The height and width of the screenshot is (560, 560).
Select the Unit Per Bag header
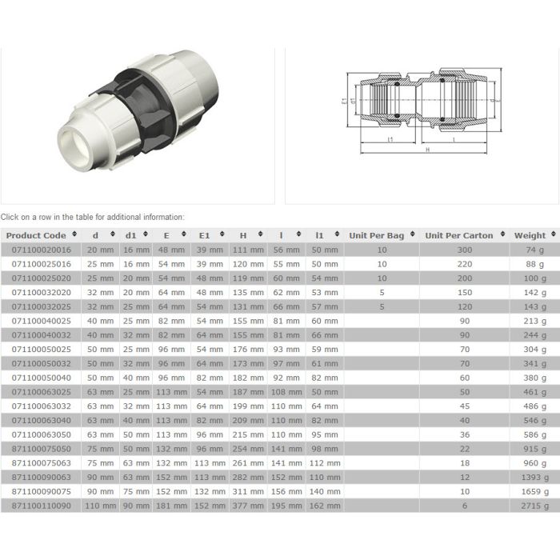(x=377, y=235)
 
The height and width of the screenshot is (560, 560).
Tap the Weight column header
(x=530, y=235)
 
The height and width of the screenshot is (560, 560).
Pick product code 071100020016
(x=41, y=250)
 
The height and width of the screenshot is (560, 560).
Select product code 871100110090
(x=41, y=506)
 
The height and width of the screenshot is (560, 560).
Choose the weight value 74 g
(x=536, y=250)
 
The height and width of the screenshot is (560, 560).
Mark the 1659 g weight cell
(x=534, y=491)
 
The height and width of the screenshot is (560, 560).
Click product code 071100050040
(x=41, y=378)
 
